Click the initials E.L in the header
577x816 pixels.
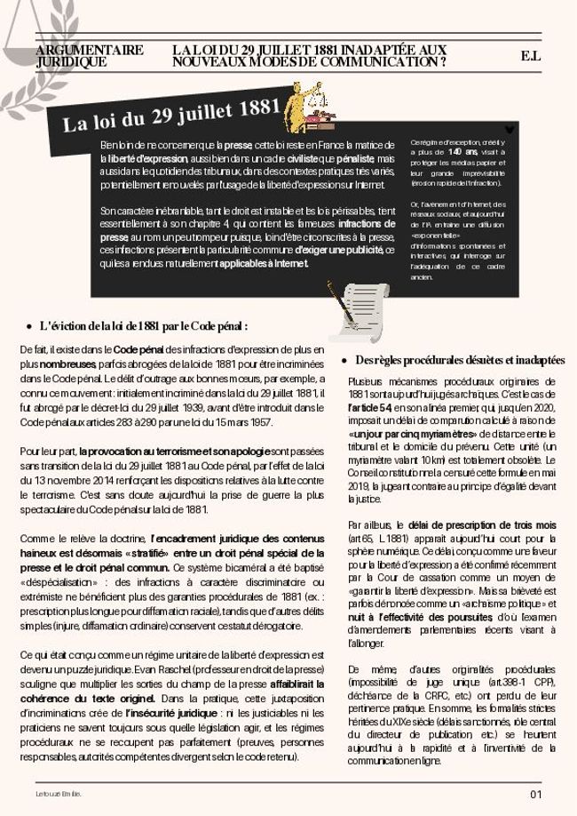point(531,56)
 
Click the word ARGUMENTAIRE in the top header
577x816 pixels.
point(89,50)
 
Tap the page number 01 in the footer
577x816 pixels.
point(535,794)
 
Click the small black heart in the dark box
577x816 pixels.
point(509,129)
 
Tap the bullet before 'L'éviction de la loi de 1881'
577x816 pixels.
point(29,326)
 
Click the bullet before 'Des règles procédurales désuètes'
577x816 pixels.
point(344,361)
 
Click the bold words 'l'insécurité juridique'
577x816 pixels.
point(172,713)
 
